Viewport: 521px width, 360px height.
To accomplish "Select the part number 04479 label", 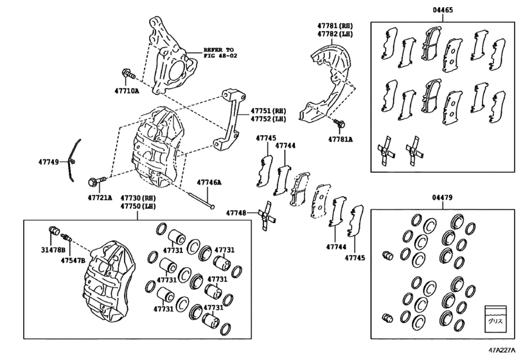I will point(442,198).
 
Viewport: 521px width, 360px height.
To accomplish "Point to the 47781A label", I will point(340,138).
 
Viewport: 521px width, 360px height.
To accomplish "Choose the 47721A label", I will point(100,197).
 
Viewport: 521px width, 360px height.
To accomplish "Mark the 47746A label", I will point(209,183).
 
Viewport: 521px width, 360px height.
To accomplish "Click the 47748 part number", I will point(236,212).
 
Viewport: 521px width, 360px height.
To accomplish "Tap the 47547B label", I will point(73,260).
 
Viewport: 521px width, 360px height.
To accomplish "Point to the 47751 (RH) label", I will point(269,111).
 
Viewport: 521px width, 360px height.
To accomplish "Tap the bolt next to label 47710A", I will point(127,76).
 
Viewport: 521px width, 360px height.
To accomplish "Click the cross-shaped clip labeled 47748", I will point(268,213).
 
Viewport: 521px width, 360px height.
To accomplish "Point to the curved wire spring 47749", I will point(73,157).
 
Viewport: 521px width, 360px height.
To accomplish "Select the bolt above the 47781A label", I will point(339,122).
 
